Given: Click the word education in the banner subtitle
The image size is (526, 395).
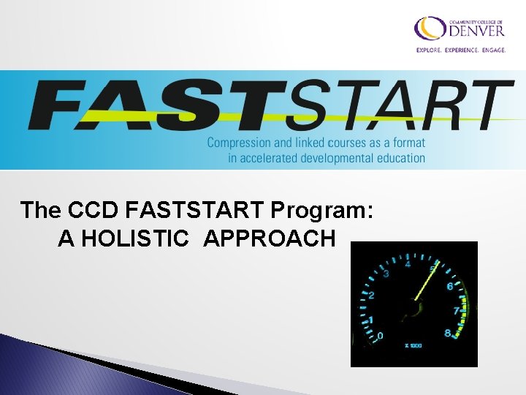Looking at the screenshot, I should (x=401, y=157).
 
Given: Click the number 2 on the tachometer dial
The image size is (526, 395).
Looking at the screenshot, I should (x=371, y=296).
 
